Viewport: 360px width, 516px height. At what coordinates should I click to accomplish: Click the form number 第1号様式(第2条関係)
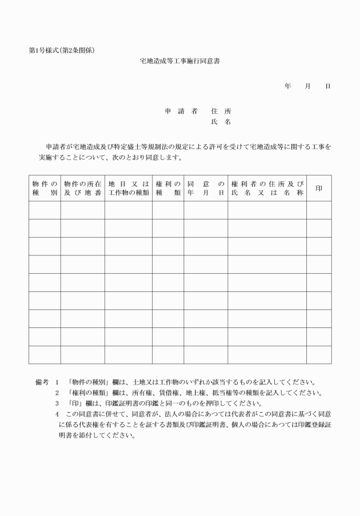(x=62, y=50)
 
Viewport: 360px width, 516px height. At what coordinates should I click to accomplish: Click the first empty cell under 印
(x=319, y=210)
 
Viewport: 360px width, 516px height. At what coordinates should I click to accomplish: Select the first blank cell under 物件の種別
(x=45, y=210)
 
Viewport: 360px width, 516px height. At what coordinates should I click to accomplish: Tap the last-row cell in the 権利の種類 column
(x=168, y=354)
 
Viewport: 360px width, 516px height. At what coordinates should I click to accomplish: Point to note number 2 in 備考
(x=57, y=393)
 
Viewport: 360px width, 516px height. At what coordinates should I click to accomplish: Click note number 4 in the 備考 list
(x=57, y=413)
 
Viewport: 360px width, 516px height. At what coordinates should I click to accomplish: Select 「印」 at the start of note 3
(x=73, y=403)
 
